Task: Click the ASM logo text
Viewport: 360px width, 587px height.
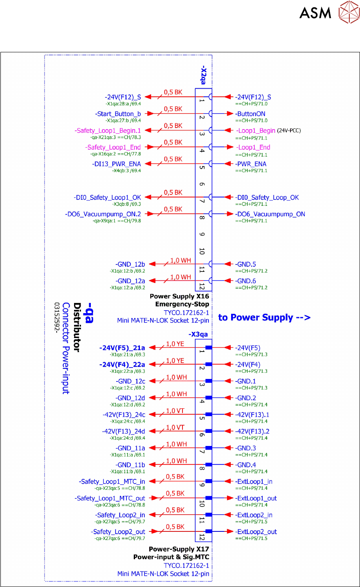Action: (x=315, y=13)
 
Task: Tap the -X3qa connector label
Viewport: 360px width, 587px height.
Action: (x=198, y=334)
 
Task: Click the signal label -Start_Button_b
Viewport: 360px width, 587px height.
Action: (x=118, y=114)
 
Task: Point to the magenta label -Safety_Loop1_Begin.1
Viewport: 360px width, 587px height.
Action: (x=108, y=131)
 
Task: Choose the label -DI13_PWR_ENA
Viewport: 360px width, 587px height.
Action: (x=117, y=164)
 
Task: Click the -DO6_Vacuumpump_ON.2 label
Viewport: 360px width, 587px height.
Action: (x=103, y=214)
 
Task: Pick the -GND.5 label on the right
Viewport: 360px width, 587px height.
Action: (x=246, y=264)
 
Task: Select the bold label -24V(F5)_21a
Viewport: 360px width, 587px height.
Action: (x=122, y=348)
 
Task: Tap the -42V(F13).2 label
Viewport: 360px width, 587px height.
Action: (x=252, y=431)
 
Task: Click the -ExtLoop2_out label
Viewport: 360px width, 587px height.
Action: (x=256, y=532)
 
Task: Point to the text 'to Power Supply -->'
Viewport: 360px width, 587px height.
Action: (x=264, y=318)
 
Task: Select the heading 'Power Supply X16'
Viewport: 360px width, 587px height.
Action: (x=179, y=296)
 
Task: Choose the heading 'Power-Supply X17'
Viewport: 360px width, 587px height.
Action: (x=179, y=549)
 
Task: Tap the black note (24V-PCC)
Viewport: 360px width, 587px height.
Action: (x=289, y=131)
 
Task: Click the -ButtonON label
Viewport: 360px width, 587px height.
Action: (x=250, y=114)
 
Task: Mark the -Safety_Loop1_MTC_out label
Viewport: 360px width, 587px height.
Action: (x=110, y=498)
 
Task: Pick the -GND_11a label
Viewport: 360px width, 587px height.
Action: (x=130, y=448)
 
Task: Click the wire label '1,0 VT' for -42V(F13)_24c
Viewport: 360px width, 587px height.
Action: (x=175, y=411)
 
